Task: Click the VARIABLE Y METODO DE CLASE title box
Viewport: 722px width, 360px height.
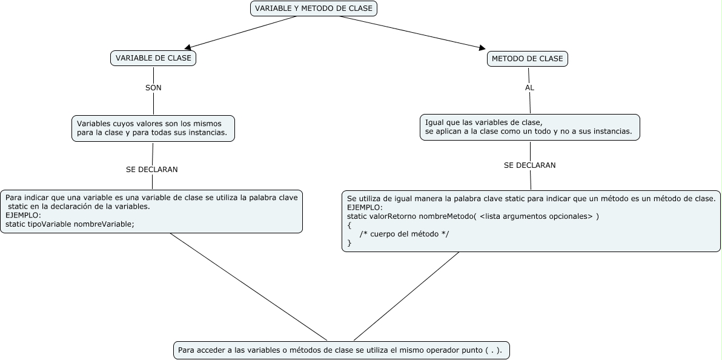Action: pos(313,8)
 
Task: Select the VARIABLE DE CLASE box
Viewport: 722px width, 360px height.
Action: pos(153,58)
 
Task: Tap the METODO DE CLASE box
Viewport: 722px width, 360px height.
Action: pos(527,59)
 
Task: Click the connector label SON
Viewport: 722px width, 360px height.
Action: pos(153,88)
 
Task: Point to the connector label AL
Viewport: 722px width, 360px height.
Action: pos(529,88)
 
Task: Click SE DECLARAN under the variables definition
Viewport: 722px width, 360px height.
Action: pos(152,170)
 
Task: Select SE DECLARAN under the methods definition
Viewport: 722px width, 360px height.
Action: pos(529,165)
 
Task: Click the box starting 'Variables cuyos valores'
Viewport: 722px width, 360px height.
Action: pos(153,128)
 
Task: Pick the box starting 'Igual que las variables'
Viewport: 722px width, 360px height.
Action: pos(529,127)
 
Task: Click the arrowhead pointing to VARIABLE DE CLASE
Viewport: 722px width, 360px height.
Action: pos(188,47)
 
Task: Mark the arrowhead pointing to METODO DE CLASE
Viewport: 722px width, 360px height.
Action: pos(482,48)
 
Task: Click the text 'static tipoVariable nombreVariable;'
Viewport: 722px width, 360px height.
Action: pos(70,224)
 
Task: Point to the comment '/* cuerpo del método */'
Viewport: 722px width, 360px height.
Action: pos(404,234)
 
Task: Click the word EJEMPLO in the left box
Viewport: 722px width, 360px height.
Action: pos(23,215)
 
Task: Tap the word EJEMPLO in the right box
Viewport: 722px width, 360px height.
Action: pos(365,207)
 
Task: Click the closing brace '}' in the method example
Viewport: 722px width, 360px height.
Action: pos(349,243)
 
